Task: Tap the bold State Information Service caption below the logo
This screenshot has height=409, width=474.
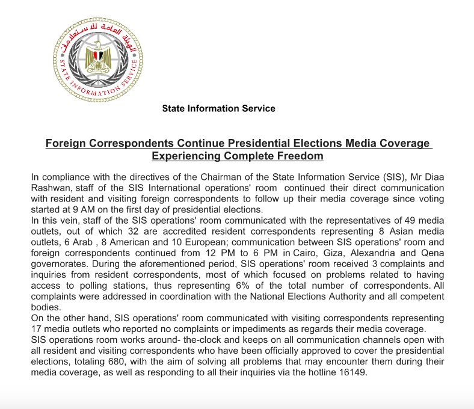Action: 218,109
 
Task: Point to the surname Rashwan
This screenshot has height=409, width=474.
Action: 51,188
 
